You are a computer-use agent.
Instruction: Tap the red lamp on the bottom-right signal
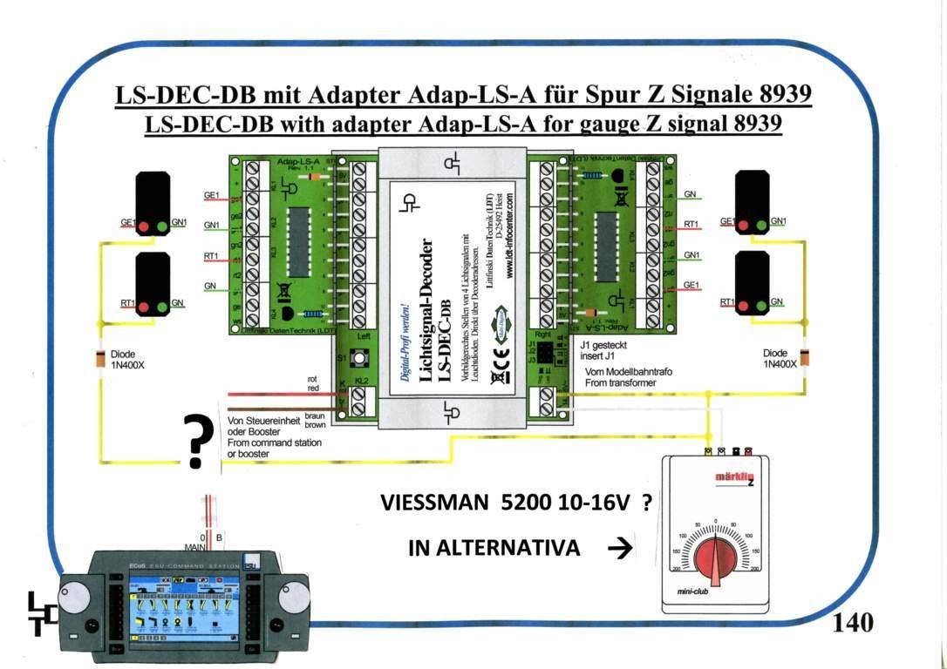744,306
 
